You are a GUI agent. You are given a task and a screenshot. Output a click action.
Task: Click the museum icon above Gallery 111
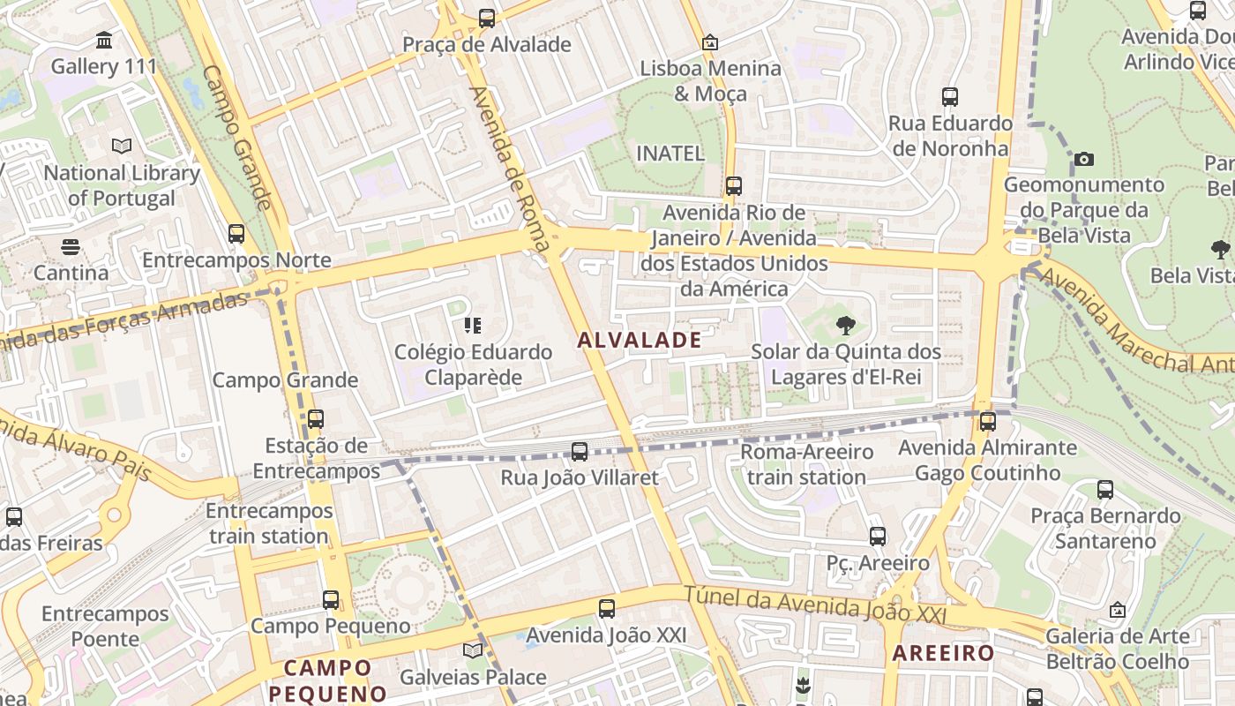point(104,41)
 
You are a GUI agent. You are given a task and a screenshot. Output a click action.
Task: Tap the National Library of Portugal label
point(122,185)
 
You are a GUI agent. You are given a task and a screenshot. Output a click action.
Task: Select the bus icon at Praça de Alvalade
point(486,18)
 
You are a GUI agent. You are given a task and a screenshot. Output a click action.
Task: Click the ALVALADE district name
point(640,340)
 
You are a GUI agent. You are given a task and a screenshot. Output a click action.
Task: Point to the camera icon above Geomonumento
point(1084,160)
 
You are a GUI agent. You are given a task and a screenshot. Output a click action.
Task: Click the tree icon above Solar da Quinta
point(845,326)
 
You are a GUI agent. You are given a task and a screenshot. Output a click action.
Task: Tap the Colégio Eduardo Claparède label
point(473,364)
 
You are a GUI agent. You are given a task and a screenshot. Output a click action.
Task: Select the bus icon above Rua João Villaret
point(580,452)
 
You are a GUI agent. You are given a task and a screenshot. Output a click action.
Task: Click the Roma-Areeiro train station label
point(806,464)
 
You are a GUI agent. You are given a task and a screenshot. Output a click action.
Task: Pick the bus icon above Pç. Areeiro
point(877,536)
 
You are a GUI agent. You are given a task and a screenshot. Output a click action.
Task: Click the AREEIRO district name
point(943,653)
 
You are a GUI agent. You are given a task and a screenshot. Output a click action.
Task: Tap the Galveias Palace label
point(473,678)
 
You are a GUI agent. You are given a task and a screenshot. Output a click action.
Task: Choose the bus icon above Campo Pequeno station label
point(330,600)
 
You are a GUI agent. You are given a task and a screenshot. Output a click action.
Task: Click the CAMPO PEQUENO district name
point(327,680)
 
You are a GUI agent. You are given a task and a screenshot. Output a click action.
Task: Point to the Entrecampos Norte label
point(236,260)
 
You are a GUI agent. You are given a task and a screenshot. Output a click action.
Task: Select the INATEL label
point(670,153)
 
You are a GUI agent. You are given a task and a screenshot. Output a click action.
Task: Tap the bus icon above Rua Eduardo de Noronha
point(950,97)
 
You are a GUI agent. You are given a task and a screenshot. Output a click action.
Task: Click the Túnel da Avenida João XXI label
point(814,605)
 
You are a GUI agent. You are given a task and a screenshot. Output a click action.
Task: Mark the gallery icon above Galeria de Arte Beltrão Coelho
point(1117,610)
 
